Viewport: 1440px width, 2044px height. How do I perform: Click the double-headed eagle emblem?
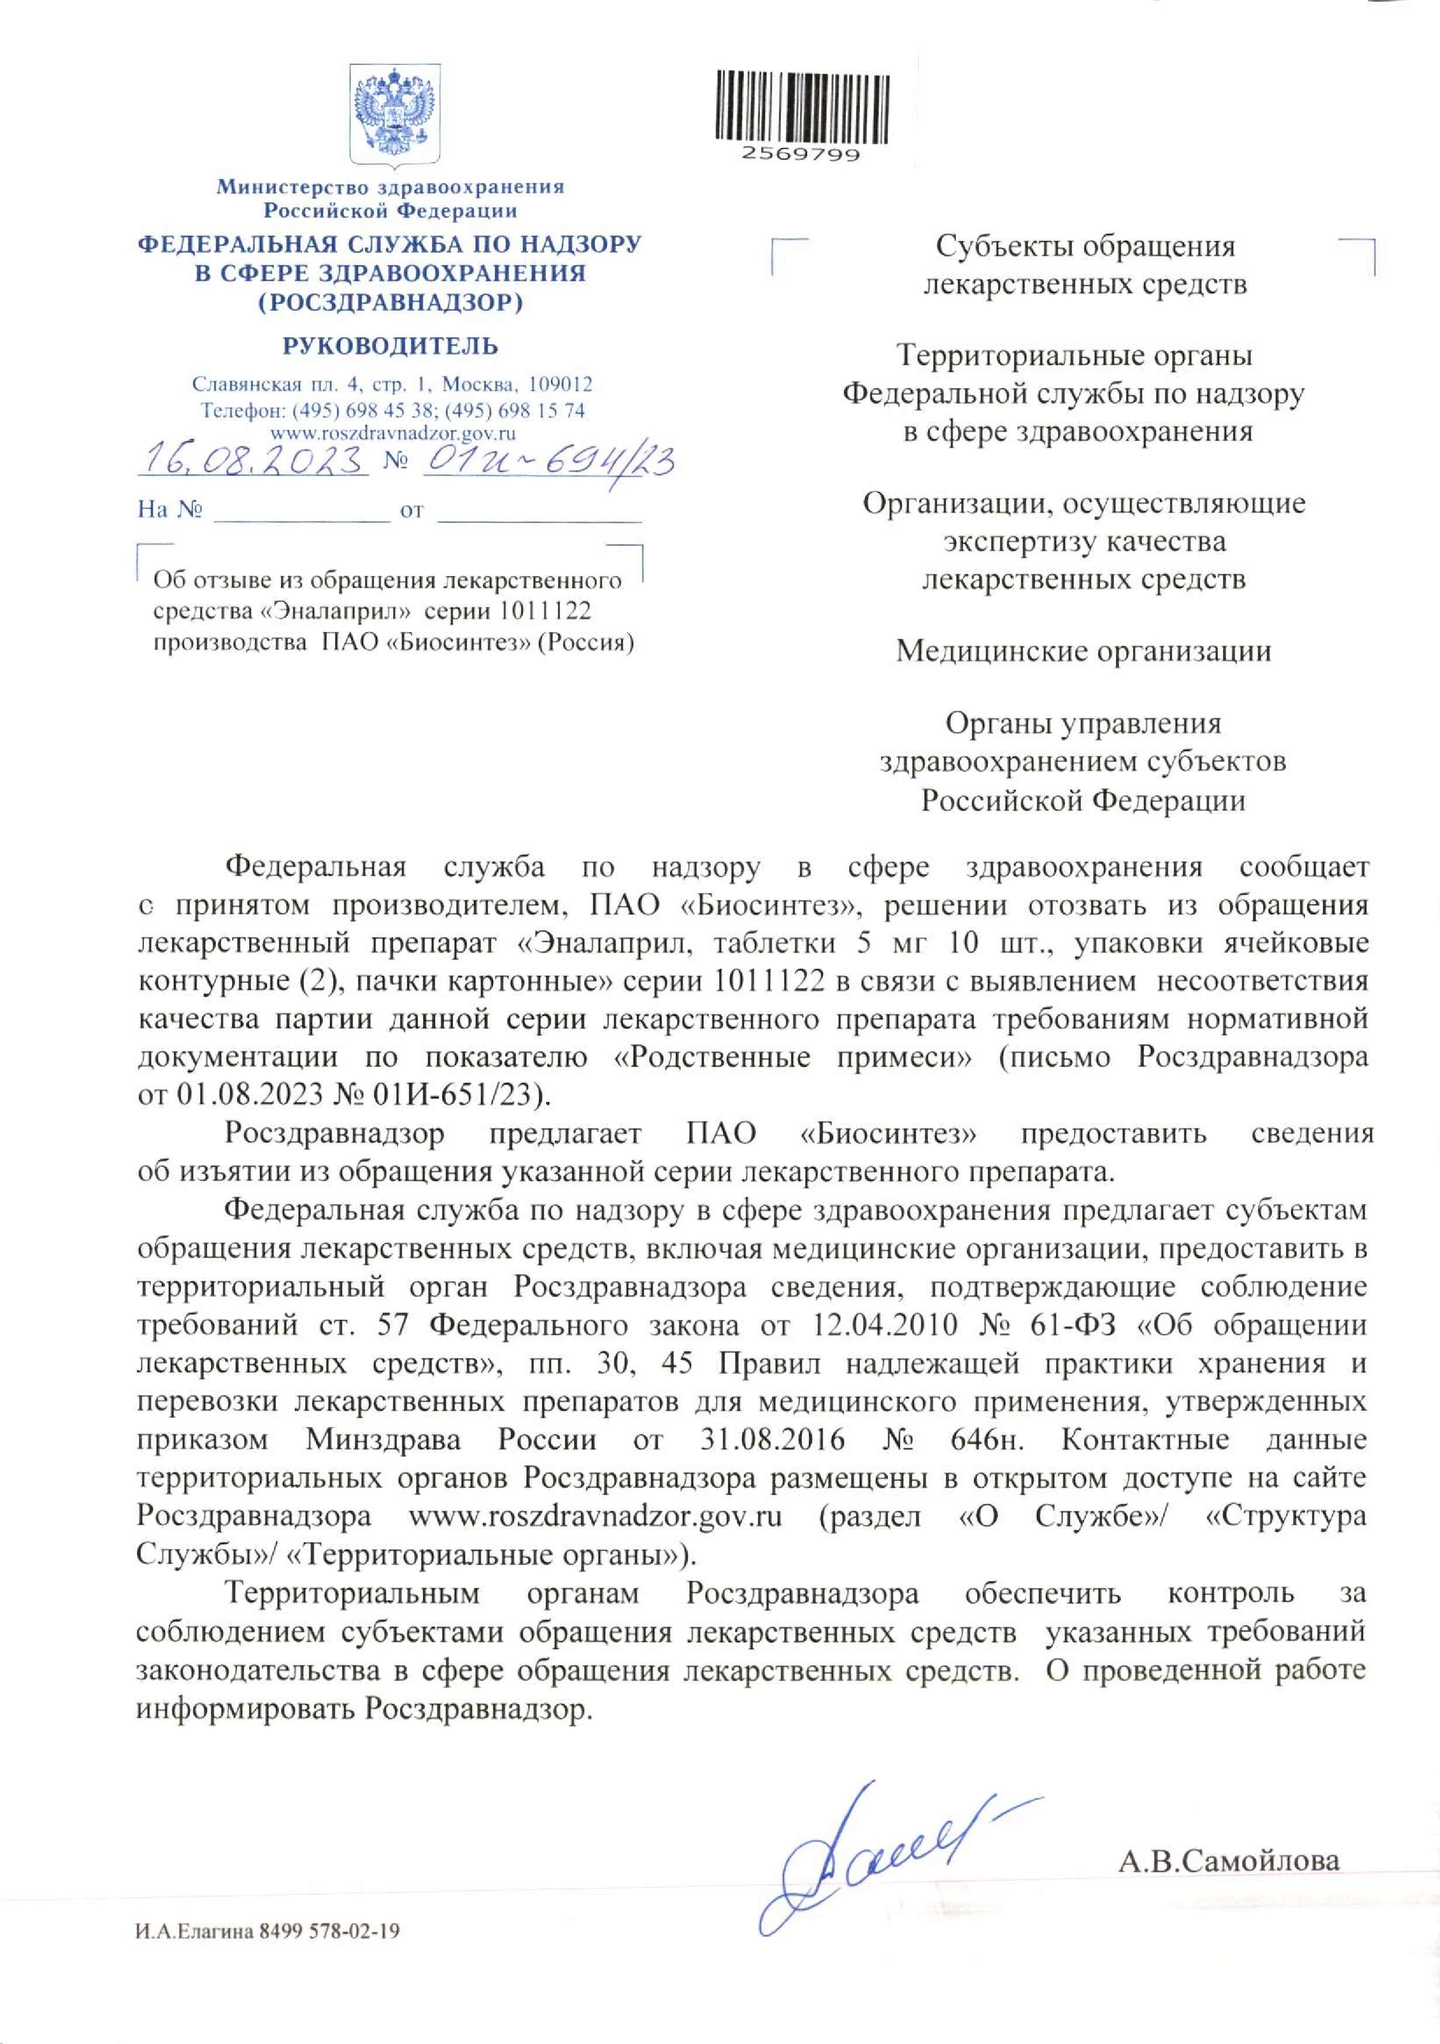(x=394, y=114)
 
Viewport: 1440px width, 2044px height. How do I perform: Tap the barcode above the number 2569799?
(x=801, y=105)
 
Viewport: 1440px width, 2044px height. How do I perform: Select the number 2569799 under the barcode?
(x=801, y=154)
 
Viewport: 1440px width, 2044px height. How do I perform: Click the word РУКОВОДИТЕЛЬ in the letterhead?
(x=391, y=346)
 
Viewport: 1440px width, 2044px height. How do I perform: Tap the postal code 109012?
(x=560, y=385)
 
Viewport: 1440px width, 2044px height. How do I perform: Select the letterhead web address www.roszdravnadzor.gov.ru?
(x=392, y=433)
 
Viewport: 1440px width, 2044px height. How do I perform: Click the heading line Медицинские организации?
(x=1083, y=652)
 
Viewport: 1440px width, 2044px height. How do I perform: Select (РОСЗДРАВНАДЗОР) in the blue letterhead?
(x=391, y=303)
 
